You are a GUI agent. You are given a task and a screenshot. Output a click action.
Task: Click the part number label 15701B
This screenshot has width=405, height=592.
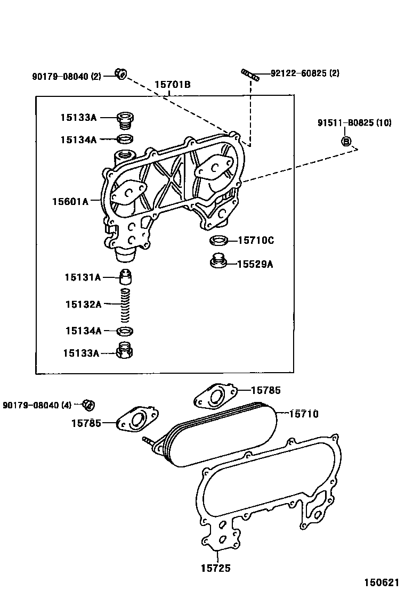(x=173, y=85)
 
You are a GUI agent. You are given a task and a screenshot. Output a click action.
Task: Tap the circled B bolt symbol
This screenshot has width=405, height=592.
(x=345, y=141)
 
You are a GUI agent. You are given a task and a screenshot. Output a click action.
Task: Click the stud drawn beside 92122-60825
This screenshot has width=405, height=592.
(x=249, y=75)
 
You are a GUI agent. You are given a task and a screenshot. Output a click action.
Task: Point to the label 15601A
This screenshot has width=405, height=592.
(x=70, y=201)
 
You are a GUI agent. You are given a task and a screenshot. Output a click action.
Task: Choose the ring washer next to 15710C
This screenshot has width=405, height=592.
(x=219, y=241)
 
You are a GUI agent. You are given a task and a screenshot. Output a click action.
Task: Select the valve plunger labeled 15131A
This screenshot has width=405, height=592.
(x=125, y=277)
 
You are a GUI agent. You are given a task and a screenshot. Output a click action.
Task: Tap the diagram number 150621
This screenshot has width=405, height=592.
(x=382, y=582)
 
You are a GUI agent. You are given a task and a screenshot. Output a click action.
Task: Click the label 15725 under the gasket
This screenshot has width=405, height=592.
(x=215, y=568)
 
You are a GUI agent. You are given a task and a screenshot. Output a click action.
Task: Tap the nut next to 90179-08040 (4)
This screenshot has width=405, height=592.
(x=88, y=405)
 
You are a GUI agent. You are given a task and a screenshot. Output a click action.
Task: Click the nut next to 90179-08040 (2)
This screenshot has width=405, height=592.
(x=121, y=75)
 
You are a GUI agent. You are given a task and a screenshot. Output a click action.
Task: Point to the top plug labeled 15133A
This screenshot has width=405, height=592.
(x=125, y=119)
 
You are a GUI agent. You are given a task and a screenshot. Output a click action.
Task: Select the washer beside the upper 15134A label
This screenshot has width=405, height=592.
(x=125, y=139)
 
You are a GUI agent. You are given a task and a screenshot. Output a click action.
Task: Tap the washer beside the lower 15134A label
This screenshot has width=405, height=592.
(x=125, y=331)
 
